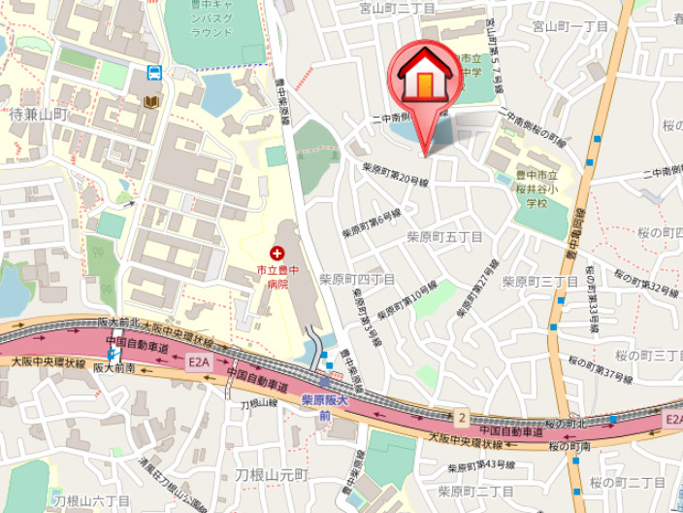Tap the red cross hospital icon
(263, 254)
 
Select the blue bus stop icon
(153, 72)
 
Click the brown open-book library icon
(150, 101)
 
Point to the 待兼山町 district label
(38, 115)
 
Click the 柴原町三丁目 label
(540, 282)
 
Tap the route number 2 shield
(463, 418)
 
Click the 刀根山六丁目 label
(91, 500)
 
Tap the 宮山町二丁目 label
(398, 8)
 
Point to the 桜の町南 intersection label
(571, 446)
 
